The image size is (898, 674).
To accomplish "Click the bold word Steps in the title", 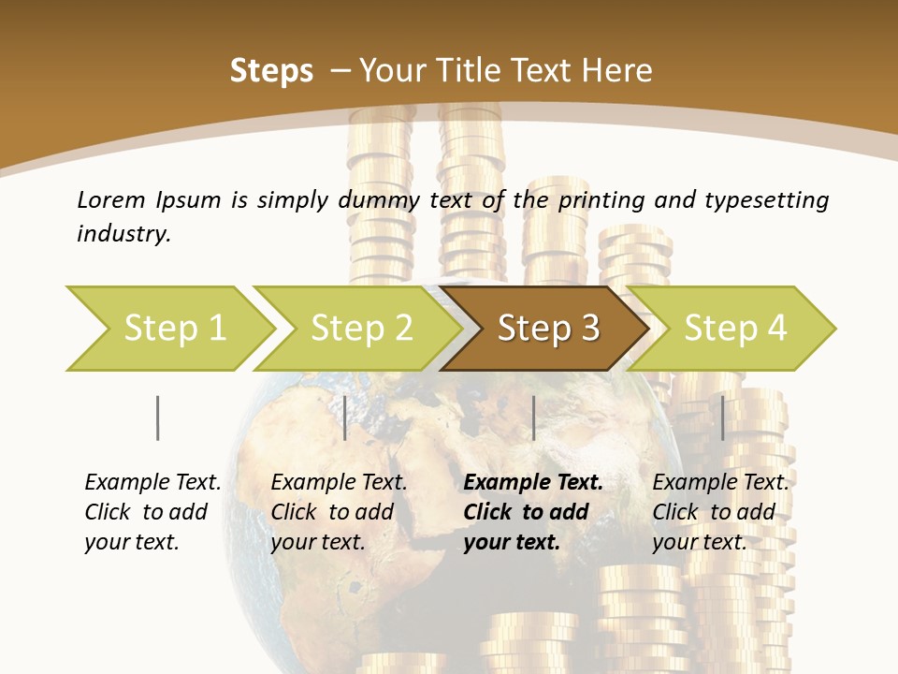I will click(271, 71).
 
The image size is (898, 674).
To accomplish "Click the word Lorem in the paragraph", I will click(111, 200).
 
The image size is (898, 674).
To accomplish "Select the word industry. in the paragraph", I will click(123, 234).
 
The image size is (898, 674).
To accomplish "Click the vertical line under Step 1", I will click(158, 418).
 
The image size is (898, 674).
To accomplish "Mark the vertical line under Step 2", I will click(345, 418).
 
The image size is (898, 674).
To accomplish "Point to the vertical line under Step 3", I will click(533, 418).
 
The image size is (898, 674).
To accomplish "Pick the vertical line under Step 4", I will click(722, 418).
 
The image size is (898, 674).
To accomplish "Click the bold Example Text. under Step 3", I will click(533, 483).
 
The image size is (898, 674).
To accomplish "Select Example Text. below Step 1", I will click(152, 483).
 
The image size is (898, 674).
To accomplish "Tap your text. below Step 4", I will click(699, 542).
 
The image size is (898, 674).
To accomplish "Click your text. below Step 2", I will click(317, 542).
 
